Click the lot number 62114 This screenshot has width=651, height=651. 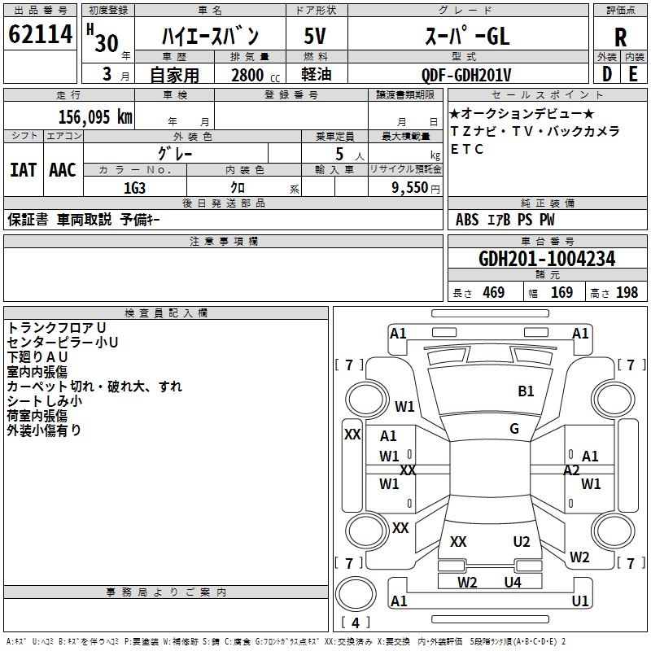coord(40,34)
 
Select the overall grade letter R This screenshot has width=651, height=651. coord(620,37)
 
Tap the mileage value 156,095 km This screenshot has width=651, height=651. coord(95,117)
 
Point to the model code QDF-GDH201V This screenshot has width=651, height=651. coord(466,75)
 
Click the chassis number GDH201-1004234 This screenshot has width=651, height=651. coord(547,259)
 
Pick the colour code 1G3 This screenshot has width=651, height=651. coord(134,188)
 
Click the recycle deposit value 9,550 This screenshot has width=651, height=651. coord(409,188)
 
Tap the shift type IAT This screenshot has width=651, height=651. coord(24,170)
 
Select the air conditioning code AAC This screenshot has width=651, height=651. coord(63,170)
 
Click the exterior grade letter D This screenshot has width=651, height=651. coord(607,74)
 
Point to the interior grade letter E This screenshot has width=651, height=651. coord(633,74)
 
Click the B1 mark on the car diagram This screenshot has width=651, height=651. coord(526,391)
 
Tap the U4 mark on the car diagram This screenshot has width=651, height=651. coord(513,582)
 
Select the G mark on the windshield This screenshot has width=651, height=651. coord(514,429)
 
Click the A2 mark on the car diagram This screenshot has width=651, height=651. coord(571,470)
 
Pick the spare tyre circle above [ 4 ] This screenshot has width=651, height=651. coord(356,594)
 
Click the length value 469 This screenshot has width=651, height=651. coord(494,293)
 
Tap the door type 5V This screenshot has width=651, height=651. coord(315,36)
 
